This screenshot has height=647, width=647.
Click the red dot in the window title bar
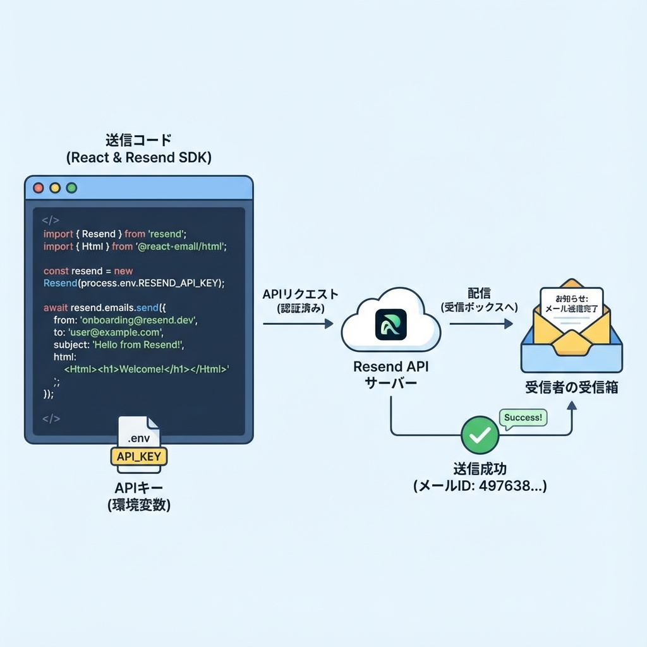pos(39,188)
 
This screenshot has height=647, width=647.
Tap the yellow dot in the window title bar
pos(55,188)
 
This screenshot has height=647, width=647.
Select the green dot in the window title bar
pos(71,188)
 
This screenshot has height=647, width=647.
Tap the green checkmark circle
pos(480,435)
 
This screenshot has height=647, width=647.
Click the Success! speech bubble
pos(523,418)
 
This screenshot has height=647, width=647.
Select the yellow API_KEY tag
pos(139,455)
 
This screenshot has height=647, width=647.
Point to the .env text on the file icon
pos(138,437)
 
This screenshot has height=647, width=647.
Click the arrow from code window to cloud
pos(297,323)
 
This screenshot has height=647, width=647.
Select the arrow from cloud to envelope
pos(481,323)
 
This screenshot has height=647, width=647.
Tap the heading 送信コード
pos(138,140)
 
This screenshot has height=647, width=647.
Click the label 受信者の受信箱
pos(571,387)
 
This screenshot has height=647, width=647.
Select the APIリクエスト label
pos(300,294)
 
